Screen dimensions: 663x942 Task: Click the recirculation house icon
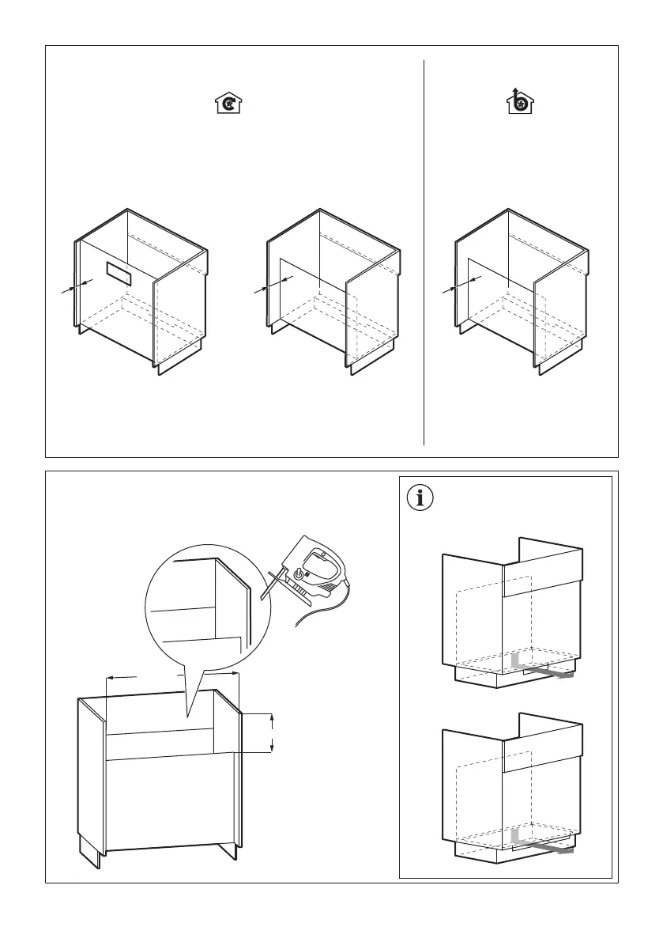click(228, 103)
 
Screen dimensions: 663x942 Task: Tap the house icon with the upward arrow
click(519, 101)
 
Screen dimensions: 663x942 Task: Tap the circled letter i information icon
click(420, 497)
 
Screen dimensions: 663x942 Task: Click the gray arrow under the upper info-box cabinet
click(545, 672)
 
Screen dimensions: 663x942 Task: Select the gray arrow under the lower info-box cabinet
click(545, 848)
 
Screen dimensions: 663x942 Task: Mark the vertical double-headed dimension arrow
click(272, 732)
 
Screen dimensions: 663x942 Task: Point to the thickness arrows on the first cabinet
click(77, 286)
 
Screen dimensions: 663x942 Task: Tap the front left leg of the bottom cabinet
click(90, 851)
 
